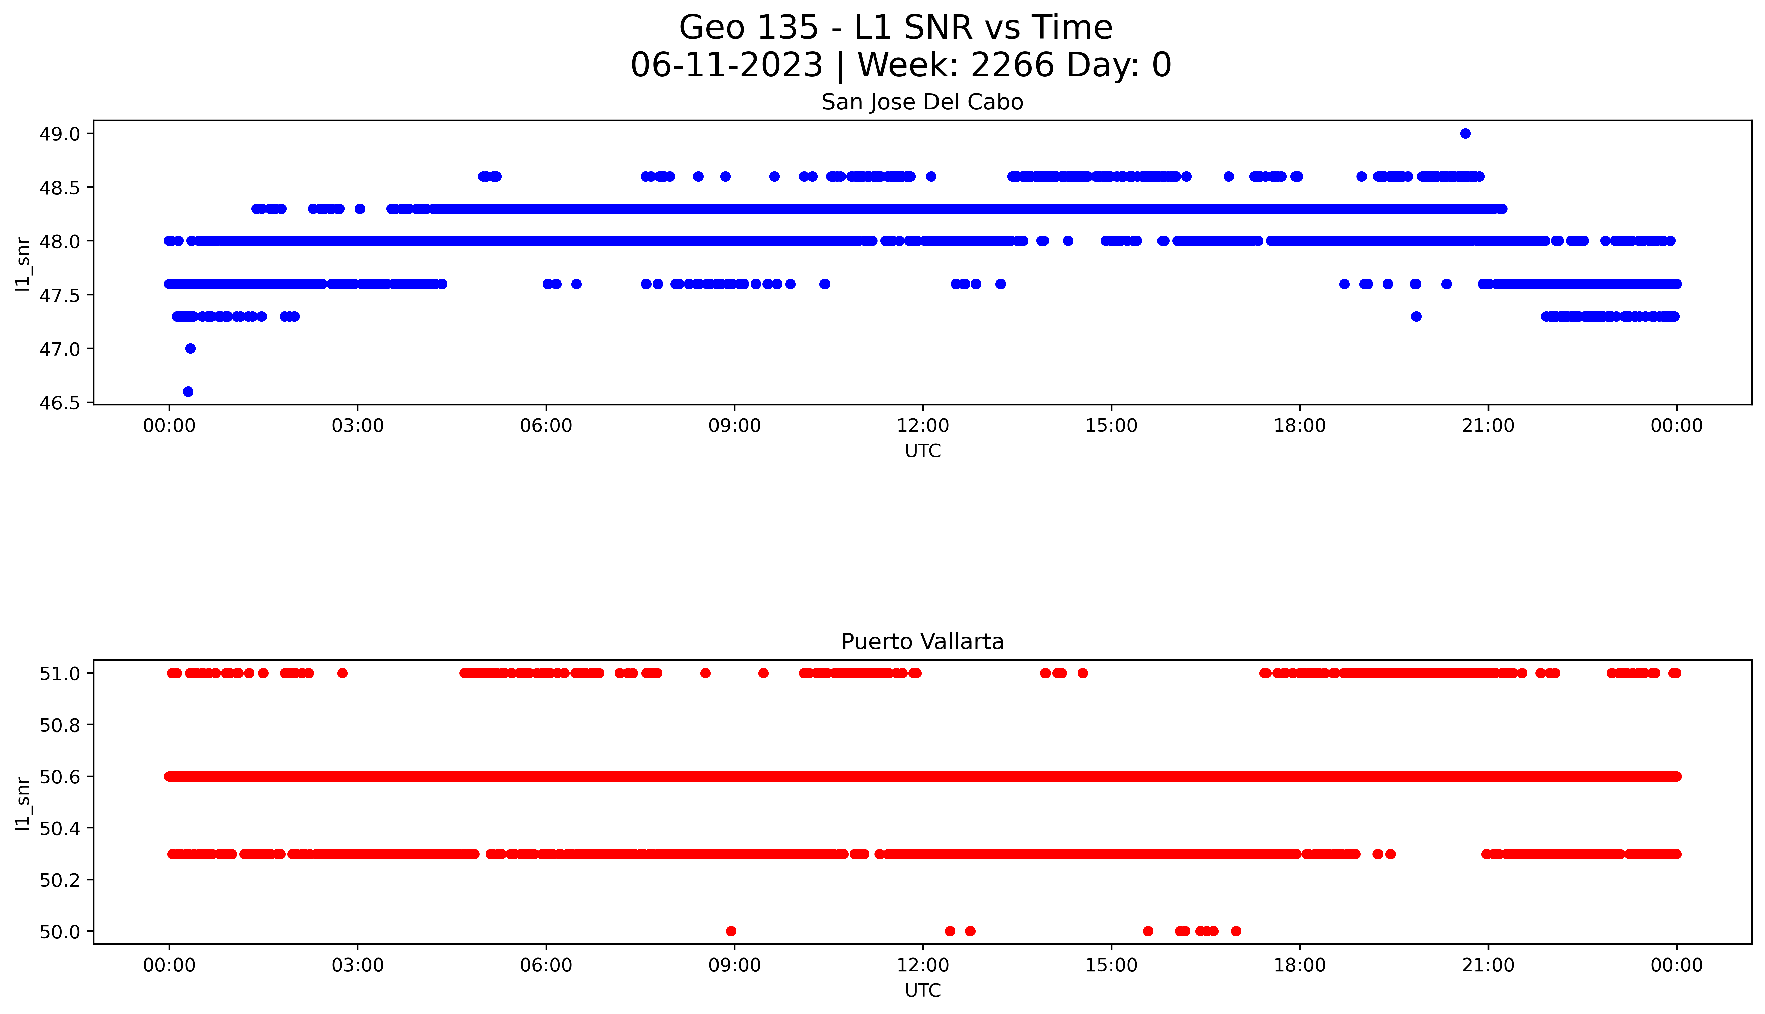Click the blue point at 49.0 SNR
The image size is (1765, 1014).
[1465, 134]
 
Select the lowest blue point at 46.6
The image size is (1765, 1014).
[188, 391]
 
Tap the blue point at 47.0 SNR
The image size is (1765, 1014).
[190, 348]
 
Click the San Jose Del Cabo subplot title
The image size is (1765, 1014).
[922, 102]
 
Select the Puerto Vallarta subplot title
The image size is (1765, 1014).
[922, 642]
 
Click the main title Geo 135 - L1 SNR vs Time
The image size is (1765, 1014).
[895, 28]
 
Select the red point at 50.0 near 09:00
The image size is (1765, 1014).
[730, 931]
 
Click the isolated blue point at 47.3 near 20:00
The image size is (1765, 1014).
[1416, 316]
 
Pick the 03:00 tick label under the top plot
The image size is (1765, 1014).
[358, 426]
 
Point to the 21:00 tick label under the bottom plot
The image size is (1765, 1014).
[1488, 965]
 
